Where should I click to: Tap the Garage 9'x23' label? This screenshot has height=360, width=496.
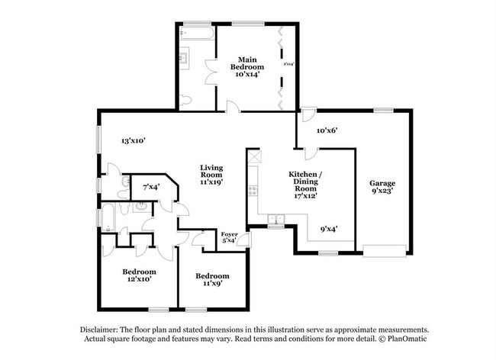tap(382, 188)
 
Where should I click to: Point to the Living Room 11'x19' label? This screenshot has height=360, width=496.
tap(211, 175)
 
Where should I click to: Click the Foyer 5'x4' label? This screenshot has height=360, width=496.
tap(229, 238)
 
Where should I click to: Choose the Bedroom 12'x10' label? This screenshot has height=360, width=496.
tap(139, 275)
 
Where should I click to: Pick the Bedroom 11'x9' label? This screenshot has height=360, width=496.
tap(211, 280)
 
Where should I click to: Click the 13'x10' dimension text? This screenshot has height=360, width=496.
tap(133, 140)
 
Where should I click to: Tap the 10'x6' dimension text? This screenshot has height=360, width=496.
tap(327, 130)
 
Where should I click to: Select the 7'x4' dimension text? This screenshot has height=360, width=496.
tap(150, 186)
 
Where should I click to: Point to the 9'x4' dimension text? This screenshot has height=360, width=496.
tap(330, 227)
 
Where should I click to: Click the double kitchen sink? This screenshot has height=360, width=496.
tap(276, 220)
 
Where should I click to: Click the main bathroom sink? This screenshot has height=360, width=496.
tap(184, 57)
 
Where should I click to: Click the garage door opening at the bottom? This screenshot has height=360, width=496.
tap(384, 250)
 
